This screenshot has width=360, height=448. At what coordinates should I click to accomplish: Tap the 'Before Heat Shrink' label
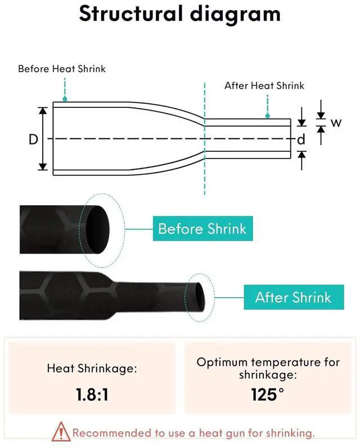coord(62,69)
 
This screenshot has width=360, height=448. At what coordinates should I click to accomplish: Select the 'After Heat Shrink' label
coord(264,85)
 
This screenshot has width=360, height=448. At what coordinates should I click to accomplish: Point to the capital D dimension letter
coord(33,139)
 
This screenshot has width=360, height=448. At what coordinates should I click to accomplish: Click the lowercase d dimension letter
coord(301,139)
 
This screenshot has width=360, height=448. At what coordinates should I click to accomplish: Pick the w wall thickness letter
coord(336,122)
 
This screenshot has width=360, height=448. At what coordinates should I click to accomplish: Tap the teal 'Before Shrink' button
coord(202,229)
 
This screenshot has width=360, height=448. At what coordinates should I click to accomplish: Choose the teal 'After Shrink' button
coord(293,296)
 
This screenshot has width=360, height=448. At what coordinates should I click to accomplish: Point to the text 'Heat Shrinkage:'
coord(92,369)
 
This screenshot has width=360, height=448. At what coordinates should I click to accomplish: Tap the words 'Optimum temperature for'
coord(268,362)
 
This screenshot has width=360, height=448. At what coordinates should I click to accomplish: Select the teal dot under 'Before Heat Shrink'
coord(65,99)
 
